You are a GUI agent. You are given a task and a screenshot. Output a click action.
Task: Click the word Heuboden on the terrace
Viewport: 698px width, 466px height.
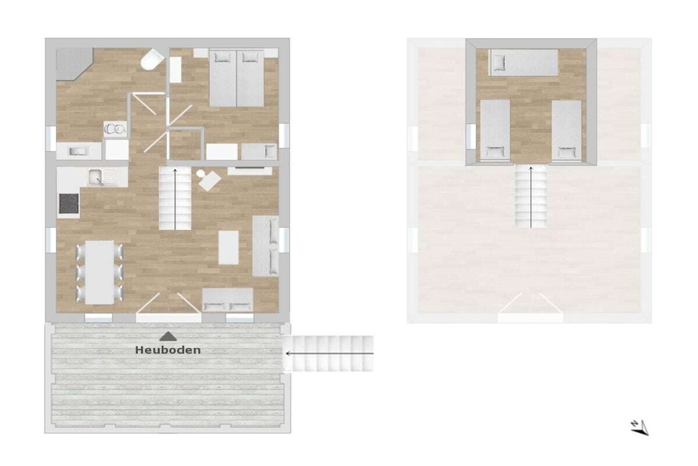[x=168, y=350]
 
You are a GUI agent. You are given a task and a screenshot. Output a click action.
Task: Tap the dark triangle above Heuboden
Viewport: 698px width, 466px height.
[x=168, y=336]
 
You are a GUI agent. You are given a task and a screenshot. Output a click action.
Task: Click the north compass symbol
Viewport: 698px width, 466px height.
[x=639, y=427]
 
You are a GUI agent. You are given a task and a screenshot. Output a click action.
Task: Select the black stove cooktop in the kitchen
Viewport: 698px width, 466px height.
[x=69, y=203]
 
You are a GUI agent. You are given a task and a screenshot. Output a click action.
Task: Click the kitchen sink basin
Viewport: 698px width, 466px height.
[x=95, y=177]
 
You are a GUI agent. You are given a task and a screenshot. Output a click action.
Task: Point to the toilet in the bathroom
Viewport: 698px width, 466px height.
[x=152, y=60]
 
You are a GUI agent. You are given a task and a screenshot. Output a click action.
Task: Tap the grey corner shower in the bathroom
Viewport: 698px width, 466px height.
[x=73, y=63]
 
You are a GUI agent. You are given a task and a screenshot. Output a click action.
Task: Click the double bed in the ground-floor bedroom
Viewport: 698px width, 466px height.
[x=237, y=78]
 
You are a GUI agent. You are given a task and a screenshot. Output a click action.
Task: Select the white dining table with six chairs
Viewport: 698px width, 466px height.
[x=100, y=272]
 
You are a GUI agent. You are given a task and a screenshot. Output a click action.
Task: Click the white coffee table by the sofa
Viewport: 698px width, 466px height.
[x=228, y=247]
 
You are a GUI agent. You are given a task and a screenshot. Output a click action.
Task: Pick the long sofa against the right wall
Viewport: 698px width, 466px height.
[x=266, y=246]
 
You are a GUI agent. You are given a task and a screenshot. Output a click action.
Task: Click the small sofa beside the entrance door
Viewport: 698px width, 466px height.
[x=228, y=300]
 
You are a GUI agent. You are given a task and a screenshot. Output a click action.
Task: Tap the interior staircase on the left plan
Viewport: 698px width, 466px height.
[x=175, y=198]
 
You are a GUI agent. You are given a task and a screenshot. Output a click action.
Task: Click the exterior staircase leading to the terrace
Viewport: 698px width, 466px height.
[x=329, y=353]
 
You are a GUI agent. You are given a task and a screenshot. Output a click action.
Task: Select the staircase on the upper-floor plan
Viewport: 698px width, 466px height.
[x=531, y=196]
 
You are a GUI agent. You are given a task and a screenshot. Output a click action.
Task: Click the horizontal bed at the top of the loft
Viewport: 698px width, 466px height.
[x=523, y=62]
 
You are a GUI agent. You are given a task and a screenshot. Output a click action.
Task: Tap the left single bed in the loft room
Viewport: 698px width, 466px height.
[x=495, y=130]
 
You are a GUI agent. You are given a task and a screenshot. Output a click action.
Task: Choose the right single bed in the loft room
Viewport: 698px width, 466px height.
[x=566, y=130]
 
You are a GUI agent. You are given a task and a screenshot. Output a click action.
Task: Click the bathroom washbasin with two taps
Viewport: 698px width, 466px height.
[x=115, y=129]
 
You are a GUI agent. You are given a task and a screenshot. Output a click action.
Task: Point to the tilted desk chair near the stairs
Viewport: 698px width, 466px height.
[x=209, y=180]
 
